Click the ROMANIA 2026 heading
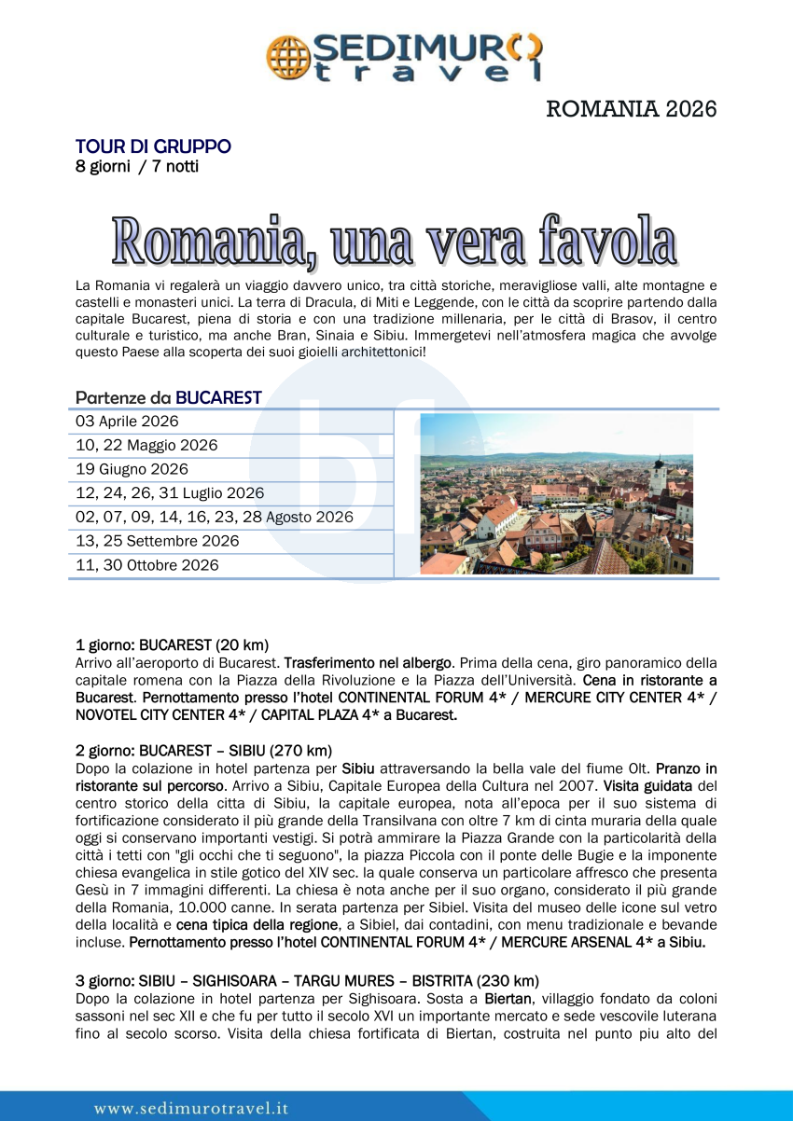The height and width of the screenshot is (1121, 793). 632,109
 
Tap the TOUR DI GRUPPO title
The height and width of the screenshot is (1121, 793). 153,146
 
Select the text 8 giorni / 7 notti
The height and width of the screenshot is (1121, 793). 137,167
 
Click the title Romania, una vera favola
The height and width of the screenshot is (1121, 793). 395,240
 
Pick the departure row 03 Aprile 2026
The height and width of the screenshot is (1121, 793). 127,422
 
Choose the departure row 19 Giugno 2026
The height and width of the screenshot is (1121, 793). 132,469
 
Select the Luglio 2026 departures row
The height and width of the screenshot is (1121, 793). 170,493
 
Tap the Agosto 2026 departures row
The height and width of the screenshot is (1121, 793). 215,517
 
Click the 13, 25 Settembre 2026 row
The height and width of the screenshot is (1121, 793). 157,541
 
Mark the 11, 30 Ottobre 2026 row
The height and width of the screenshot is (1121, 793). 147,565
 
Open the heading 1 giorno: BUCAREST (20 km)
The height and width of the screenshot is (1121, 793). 172,644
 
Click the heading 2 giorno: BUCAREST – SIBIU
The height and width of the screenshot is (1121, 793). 203,751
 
